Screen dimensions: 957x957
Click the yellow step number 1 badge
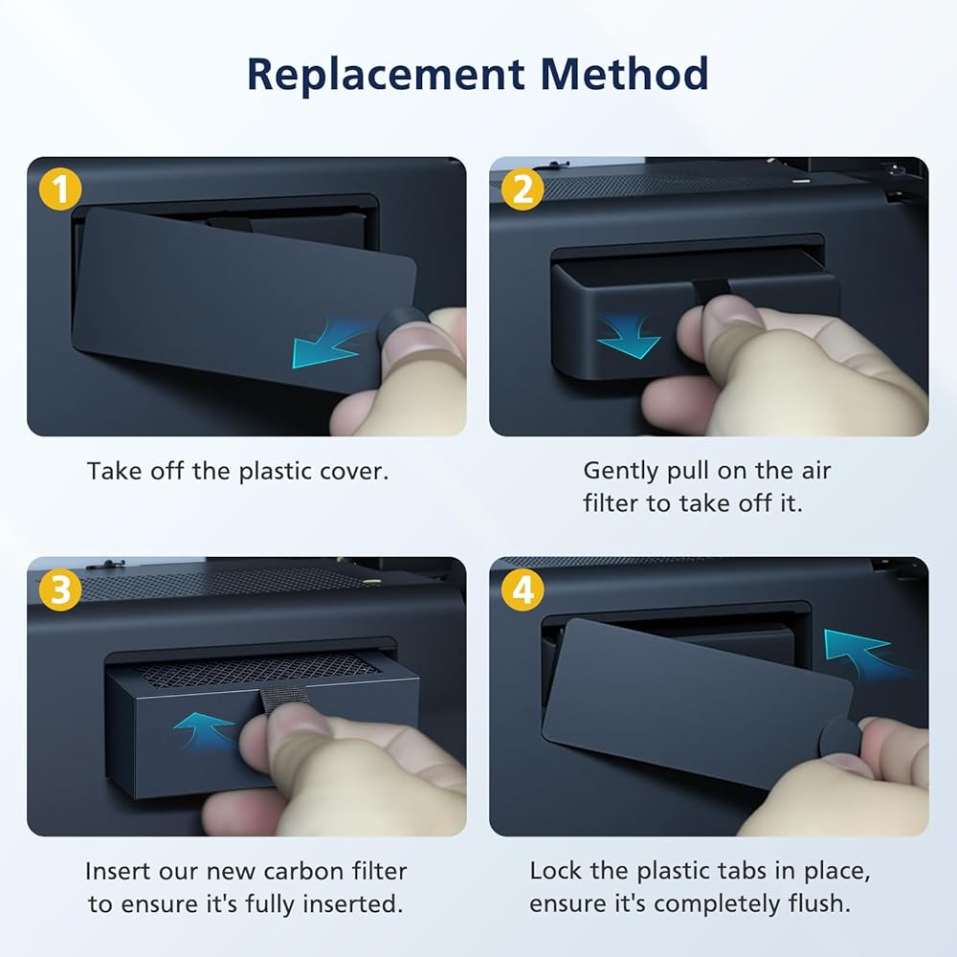point(60,189)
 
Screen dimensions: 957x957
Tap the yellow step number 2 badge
point(523,189)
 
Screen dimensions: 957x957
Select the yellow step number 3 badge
point(60,590)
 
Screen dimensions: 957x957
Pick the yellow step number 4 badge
point(523,590)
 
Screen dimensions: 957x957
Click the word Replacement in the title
point(386,75)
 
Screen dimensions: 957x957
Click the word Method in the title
point(624,74)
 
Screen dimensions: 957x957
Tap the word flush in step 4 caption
point(819,903)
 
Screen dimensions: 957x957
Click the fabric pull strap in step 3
point(281,700)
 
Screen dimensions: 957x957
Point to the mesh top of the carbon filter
point(256,670)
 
